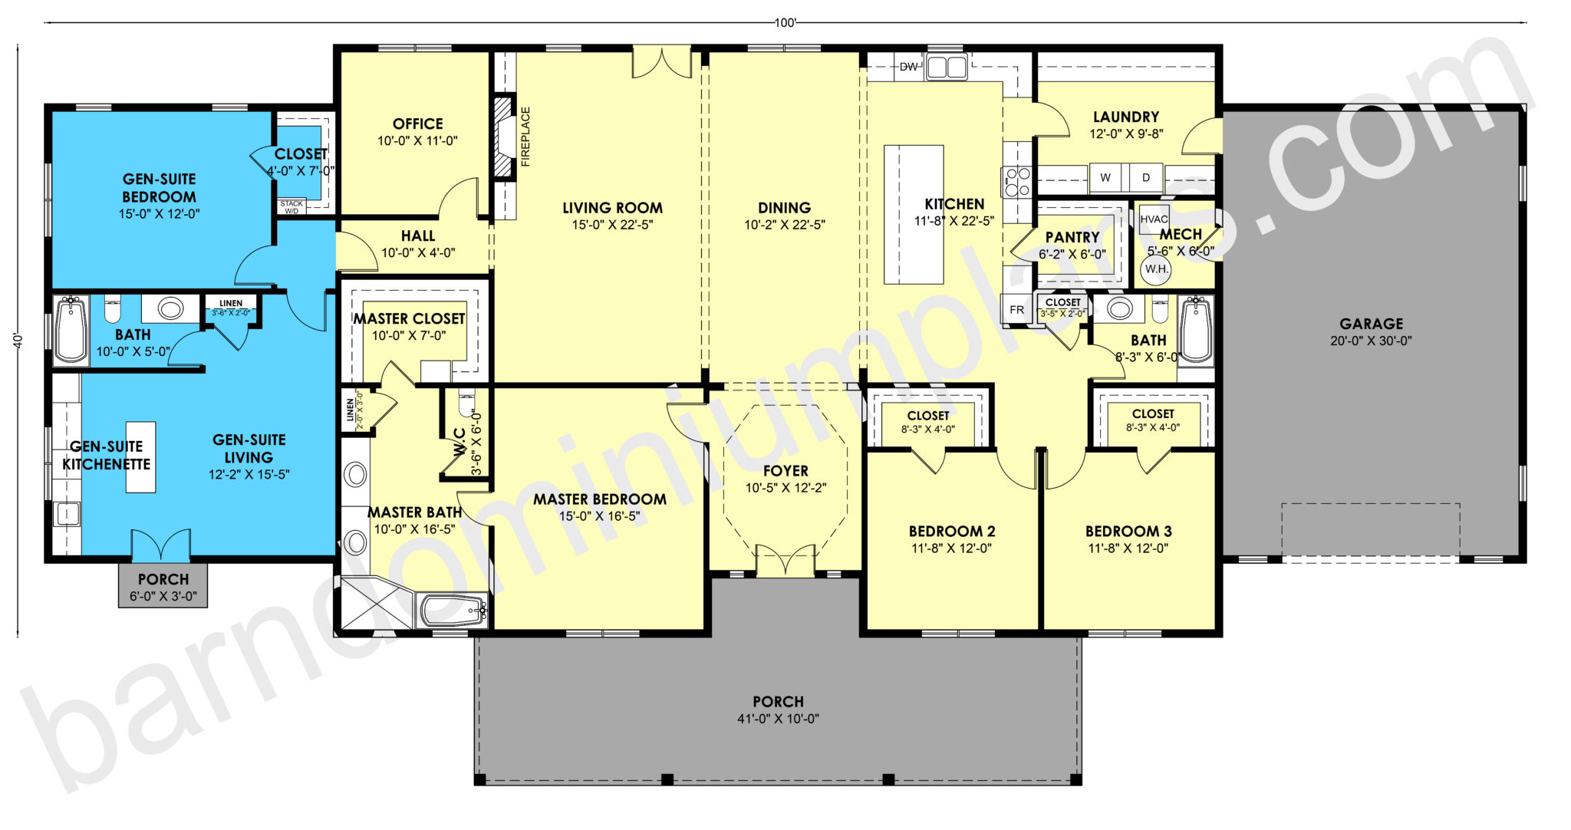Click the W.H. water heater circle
pos(1156,269)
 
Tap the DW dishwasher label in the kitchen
pos(908,67)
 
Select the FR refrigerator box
pos(1016,310)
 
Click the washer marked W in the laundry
pos(1105,177)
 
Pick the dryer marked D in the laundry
pos(1146,177)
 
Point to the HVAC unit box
pos(1154,219)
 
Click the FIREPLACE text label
pos(525,137)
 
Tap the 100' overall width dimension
pos(785,23)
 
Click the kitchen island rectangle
pos(913,215)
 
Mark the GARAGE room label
pos(1371,324)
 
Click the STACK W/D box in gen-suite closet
pos(291,206)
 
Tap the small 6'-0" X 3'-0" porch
pos(163,587)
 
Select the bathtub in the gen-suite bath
pos(71,330)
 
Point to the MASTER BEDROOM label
pos(599,499)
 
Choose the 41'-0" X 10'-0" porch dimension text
pos(778,719)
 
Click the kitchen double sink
pos(946,68)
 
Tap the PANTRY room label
pos(1072,237)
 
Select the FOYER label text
pos(785,471)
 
